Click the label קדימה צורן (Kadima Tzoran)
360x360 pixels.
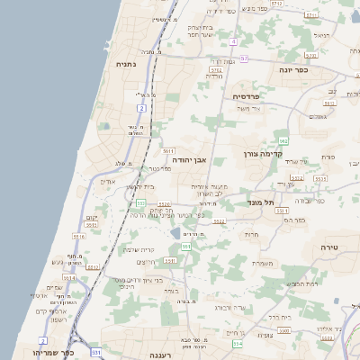click(x=264, y=155)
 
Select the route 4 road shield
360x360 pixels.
click(x=234, y=42)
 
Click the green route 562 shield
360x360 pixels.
click(x=283, y=141)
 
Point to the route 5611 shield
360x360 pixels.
click(x=168, y=152)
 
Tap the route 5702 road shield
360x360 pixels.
click(x=216, y=68)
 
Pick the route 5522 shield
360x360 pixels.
click(x=219, y=220)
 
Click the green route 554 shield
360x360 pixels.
click(x=237, y=344)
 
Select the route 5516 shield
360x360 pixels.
click(x=79, y=237)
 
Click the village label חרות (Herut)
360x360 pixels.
click(x=251, y=234)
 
